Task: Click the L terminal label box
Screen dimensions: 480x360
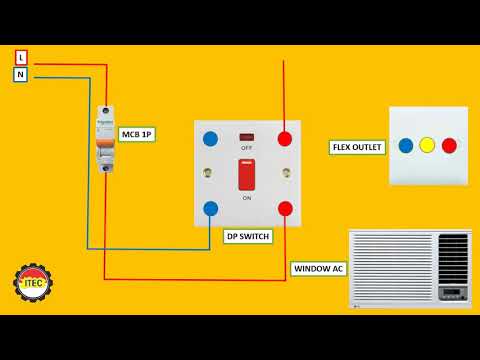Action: point(21,58)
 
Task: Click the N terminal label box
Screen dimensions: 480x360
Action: point(21,75)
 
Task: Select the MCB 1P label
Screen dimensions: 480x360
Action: point(137,133)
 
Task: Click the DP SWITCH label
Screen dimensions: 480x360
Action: point(245,237)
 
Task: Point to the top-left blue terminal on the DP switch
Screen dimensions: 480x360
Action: point(210,138)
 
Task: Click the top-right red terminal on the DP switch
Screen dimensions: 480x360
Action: point(285,138)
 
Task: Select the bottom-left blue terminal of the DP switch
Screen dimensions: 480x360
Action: point(210,208)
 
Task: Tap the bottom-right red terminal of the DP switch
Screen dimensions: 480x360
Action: point(285,208)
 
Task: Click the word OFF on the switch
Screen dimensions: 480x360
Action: point(247,148)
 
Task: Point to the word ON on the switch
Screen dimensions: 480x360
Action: point(247,198)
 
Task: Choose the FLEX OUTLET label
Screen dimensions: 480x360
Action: point(357,147)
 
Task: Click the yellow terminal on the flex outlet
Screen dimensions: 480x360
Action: point(427,145)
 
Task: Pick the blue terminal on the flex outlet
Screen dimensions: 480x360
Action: point(405,145)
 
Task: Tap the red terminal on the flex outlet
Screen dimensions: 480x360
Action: point(449,145)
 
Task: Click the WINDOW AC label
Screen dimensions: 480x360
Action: point(317,269)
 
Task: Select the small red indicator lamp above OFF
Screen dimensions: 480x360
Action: point(247,136)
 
